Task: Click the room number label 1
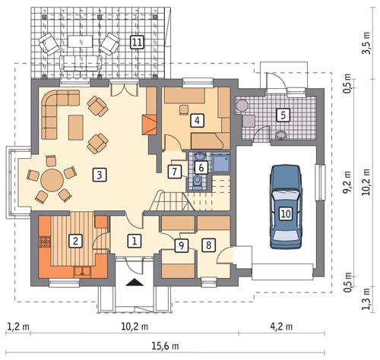[135, 242]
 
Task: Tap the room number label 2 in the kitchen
[74, 242]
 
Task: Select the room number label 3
[99, 175]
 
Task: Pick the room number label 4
[197, 120]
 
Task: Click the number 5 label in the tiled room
[282, 115]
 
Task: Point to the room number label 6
[201, 167]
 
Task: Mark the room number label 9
[181, 245]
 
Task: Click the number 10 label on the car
[285, 213]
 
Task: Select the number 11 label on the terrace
[137, 42]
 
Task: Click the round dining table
[52, 181]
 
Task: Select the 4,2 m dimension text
[284, 327]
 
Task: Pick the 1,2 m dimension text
[17, 327]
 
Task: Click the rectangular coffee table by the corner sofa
[76, 127]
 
